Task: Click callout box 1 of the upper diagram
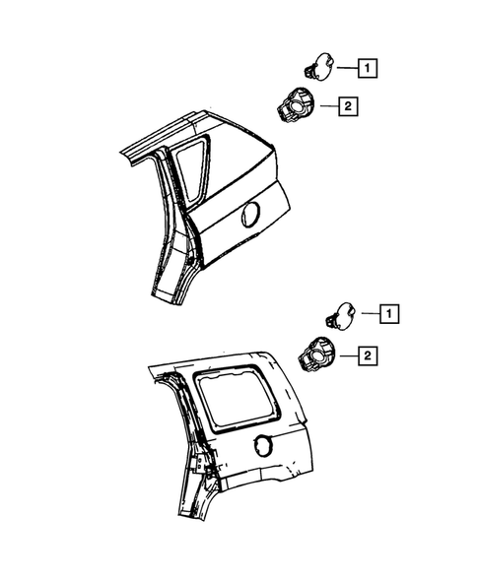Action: pos(367,69)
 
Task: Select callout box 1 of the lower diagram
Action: pos(391,315)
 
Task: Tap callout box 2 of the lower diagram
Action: pos(367,355)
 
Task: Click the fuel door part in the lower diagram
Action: pos(341,314)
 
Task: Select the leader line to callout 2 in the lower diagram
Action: pos(347,354)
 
